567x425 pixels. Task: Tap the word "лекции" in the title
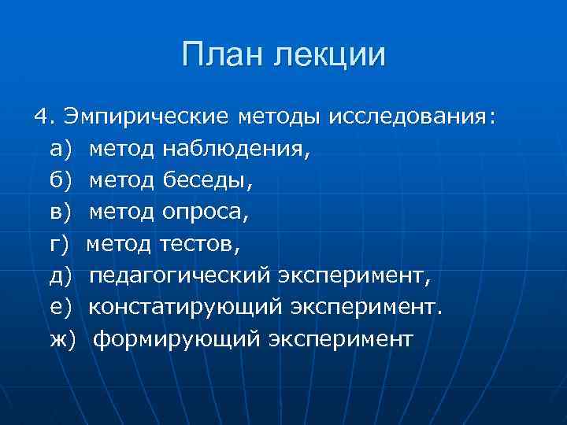click(331, 57)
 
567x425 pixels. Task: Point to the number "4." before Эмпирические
click(45, 117)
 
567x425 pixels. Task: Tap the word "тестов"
click(198, 244)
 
